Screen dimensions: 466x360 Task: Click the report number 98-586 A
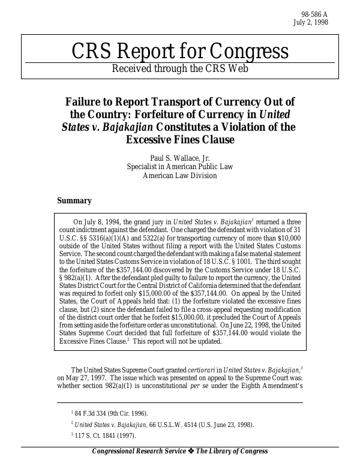tap(314, 14)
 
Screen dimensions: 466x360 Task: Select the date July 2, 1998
tap(310, 23)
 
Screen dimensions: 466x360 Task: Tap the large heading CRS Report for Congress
tap(179, 52)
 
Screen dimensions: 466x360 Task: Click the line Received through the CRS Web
tap(179, 68)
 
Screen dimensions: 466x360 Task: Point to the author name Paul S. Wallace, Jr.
tap(179, 158)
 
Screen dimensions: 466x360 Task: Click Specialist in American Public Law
tap(179, 167)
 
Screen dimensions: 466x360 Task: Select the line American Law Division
tap(179, 176)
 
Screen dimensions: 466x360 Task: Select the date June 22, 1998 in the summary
tap(262, 324)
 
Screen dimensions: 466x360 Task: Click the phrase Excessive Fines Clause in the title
tap(179, 140)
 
